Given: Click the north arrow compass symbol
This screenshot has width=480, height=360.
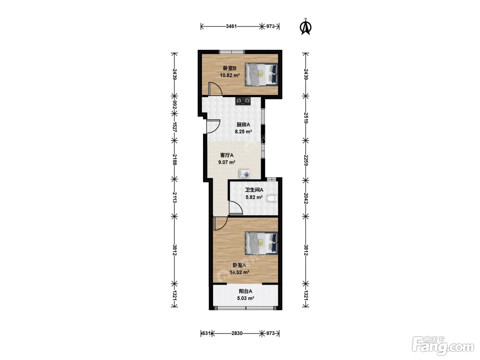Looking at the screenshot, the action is (x=305, y=27).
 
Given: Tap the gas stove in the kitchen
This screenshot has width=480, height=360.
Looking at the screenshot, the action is (x=243, y=101).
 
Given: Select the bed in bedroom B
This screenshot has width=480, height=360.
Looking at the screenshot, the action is (x=262, y=74).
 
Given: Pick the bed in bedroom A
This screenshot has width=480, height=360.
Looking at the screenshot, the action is (x=262, y=243).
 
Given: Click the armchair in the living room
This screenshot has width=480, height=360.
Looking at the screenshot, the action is (x=244, y=173).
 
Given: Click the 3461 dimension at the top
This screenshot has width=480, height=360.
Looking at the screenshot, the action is (x=231, y=26).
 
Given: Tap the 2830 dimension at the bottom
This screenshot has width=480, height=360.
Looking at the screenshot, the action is (x=237, y=333).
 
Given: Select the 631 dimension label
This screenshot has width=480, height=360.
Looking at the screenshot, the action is (x=206, y=333).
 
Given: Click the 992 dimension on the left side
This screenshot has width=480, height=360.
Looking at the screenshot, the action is (x=175, y=105).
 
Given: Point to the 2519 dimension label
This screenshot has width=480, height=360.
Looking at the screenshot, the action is (x=306, y=118).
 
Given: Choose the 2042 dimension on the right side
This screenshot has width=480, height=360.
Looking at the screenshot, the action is (x=306, y=198).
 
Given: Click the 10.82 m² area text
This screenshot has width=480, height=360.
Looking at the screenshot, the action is (x=230, y=75).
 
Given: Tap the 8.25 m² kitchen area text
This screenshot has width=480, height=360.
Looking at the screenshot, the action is (x=243, y=132).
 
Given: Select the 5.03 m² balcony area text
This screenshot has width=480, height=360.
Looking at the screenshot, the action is (x=245, y=298).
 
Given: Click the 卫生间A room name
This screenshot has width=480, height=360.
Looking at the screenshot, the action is (x=254, y=190).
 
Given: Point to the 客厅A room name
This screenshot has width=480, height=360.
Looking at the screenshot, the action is (x=227, y=155).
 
